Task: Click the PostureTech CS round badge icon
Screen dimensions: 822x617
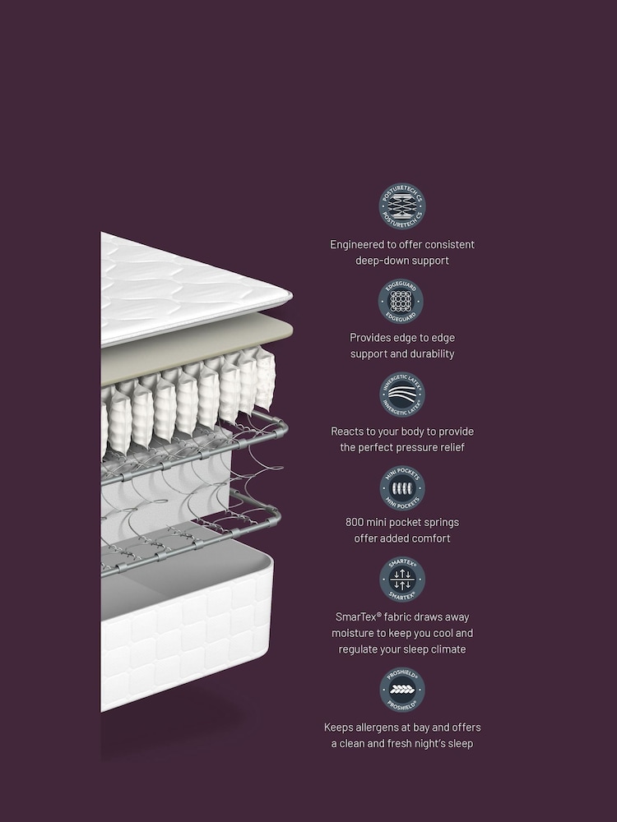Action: (402, 206)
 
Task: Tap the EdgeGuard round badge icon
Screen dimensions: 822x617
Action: (401, 302)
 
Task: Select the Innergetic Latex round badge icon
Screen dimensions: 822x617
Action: (402, 395)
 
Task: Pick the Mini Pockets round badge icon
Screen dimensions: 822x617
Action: (402, 488)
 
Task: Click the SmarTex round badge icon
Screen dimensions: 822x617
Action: (402, 580)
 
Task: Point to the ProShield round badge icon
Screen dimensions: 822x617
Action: (402, 690)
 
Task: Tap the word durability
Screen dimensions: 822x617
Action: (427, 354)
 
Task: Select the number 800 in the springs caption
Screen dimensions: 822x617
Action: (357, 522)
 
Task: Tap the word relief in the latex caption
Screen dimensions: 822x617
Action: (449, 448)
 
